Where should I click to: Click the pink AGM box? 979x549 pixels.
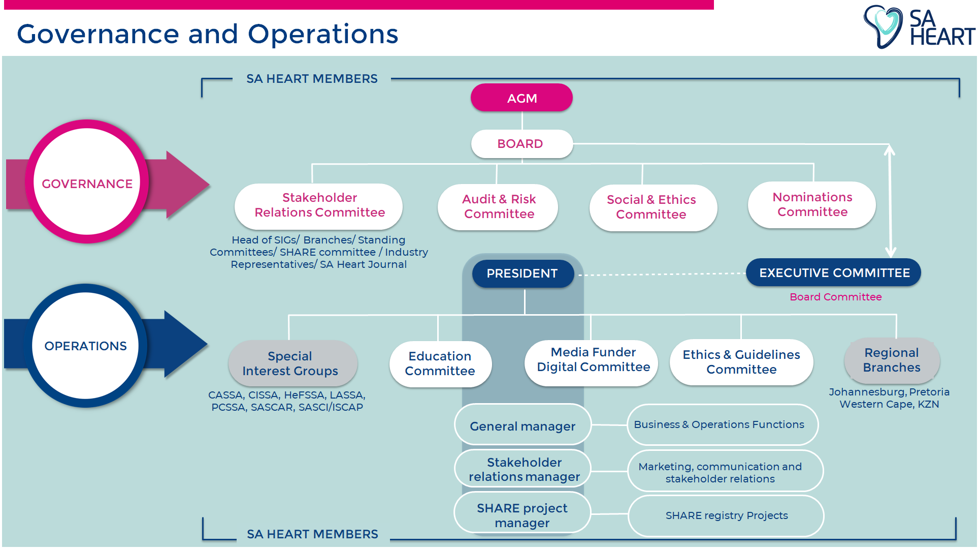521,98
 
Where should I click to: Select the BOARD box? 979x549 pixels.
521,144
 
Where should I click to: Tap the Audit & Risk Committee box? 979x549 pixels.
498,206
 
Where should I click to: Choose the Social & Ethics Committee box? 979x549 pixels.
652,207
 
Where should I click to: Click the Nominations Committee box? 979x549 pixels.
811,204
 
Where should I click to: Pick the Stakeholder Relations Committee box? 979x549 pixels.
319,205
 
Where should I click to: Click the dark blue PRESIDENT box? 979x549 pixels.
523,273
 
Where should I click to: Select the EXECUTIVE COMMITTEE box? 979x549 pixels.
833,273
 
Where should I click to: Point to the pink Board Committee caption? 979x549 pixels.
835,297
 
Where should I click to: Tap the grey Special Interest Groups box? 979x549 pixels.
292,363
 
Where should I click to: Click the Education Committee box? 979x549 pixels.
440,363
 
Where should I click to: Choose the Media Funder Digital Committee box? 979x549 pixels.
592,360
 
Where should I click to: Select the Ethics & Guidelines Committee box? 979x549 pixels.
741,362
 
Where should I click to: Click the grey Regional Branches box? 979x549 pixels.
892,360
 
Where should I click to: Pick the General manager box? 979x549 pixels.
523,426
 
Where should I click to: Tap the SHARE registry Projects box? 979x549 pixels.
726,515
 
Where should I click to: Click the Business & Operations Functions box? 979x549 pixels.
722,424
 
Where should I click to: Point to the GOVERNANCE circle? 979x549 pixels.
87,183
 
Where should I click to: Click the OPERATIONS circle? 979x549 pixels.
85,346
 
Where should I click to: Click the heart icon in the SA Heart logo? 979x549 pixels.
884,25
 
